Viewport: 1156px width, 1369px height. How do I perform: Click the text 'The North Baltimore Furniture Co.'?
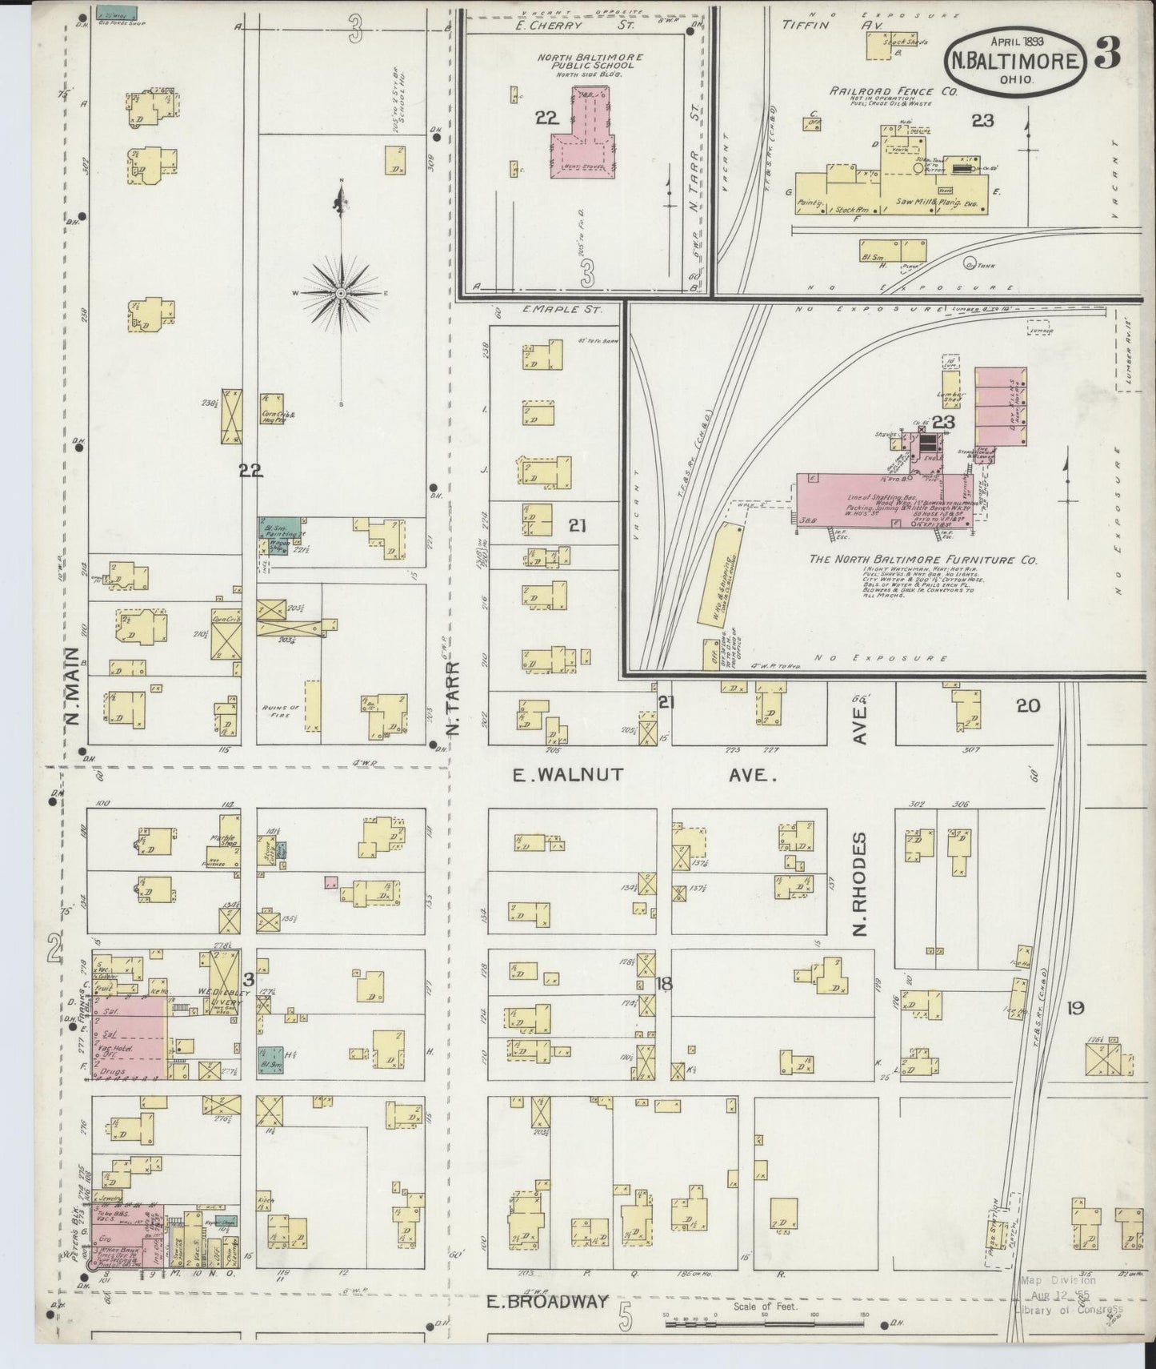(x=922, y=560)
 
